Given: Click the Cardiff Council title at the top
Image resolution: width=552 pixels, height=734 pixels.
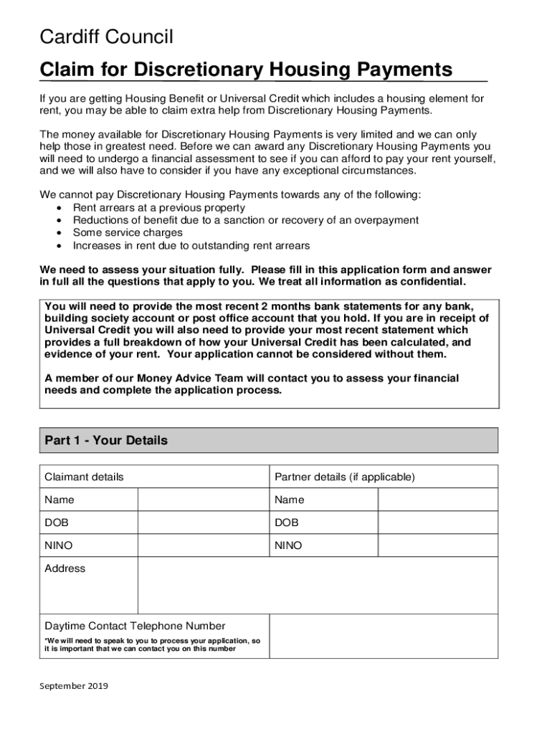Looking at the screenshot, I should point(106,37).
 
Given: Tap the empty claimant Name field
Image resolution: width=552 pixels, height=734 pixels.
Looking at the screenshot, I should point(203,500).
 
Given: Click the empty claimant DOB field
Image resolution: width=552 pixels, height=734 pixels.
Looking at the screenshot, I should point(203,523).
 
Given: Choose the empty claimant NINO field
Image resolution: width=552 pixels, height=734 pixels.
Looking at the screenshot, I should point(203,545).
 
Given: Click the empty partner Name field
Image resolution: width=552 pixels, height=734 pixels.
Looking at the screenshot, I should point(437,500).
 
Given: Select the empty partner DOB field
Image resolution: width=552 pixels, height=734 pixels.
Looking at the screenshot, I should point(437,523).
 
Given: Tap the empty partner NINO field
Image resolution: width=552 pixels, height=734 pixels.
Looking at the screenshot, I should point(437,545).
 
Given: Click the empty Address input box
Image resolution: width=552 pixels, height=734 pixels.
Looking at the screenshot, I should point(317,585).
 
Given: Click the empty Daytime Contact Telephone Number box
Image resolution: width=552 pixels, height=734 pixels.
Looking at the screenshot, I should point(383,636).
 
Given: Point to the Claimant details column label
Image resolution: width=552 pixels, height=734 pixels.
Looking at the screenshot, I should point(84,477).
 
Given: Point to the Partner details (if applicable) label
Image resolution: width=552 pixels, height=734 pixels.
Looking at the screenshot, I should point(344,477).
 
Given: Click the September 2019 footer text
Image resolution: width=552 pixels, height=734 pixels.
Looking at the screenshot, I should point(73,686).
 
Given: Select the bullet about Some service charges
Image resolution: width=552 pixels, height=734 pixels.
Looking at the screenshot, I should point(128,233).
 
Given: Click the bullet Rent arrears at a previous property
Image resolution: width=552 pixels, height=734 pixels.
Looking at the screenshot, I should point(158,208).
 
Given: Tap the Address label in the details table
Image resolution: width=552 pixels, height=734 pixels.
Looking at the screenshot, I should point(65,568).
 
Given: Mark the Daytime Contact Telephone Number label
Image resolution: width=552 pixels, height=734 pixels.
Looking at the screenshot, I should point(135,626).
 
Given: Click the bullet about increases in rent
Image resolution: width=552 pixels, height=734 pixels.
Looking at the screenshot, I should point(191,246).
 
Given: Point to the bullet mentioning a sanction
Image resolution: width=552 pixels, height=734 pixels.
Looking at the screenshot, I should point(245,221).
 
